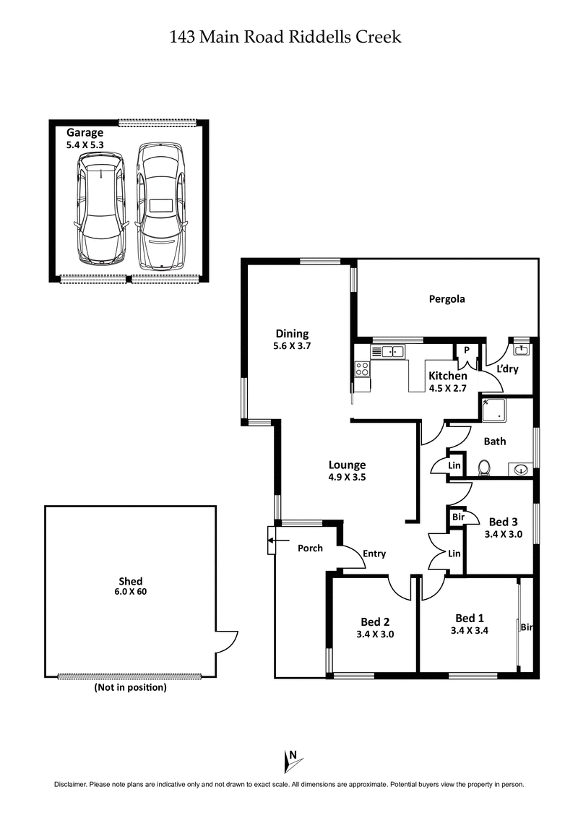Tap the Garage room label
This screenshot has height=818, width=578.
(x=85, y=133)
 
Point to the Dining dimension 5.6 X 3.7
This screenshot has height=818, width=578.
(x=292, y=345)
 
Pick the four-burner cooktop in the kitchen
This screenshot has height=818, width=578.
(x=362, y=369)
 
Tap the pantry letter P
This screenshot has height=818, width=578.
(x=467, y=350)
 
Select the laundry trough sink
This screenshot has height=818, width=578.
(x=520, y=350)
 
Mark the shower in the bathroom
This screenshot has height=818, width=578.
(x=496, y=410)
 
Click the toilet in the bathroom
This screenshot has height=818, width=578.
(x=485, y=468)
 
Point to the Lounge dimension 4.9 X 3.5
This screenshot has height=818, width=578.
(x=347, y=477)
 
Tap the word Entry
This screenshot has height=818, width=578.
(x=374, y=554)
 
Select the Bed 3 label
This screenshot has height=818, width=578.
(x=504, y=522)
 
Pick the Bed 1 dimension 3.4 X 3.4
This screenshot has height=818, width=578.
(x=470, y=630)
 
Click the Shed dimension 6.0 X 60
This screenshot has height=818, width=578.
(x=131, y=592)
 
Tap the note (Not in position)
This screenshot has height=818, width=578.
(x=131, y=688)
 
